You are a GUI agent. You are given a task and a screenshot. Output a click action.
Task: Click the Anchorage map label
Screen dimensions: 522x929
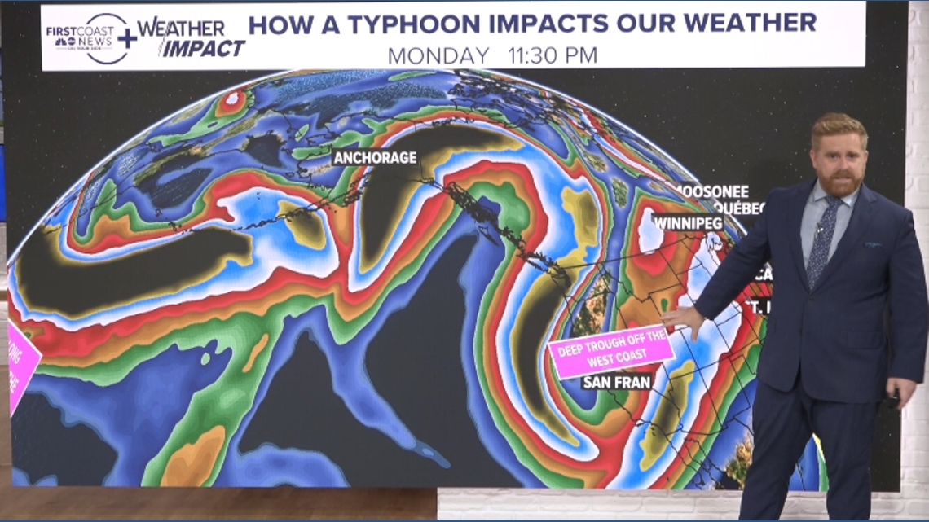[x=375, y=158]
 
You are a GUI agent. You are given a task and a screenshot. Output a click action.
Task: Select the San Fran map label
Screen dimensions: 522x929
[x=616, y=381]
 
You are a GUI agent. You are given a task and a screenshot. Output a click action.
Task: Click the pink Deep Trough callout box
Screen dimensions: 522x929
[x=611, y=351]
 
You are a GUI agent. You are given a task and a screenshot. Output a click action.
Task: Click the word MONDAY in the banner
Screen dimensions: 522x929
[x=438, y=55]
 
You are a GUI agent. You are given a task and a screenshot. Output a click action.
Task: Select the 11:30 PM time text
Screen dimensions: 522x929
[x=553, y=55]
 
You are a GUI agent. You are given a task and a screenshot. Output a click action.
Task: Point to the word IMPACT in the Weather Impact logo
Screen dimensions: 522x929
[x=201, y=48]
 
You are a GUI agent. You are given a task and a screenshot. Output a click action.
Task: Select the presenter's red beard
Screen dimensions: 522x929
[x=839, y=184]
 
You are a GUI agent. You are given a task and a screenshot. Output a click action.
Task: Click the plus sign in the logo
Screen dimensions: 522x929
[x=126, y=37]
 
